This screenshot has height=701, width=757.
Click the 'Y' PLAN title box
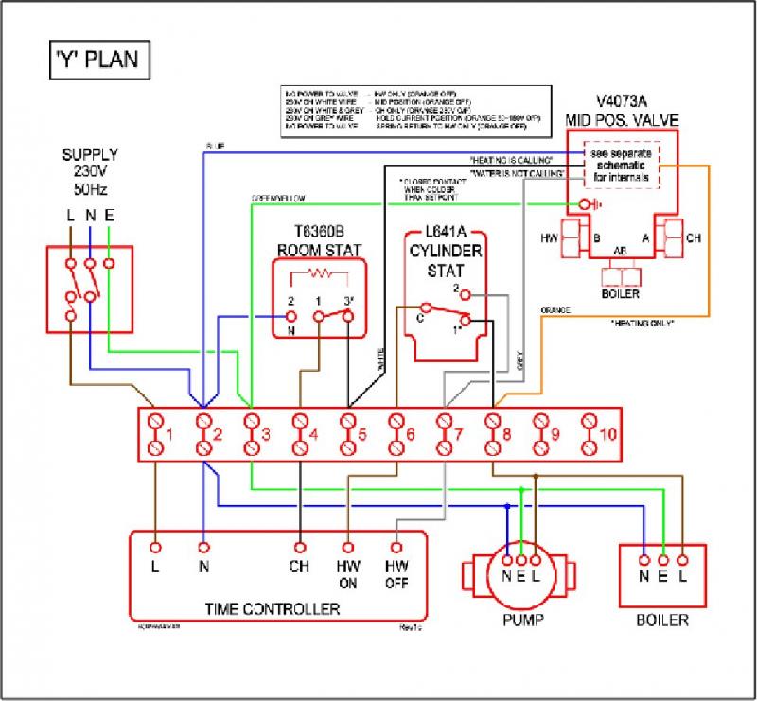(95, 60)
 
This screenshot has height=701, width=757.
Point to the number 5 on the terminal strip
(361, 435)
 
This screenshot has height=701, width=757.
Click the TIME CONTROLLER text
(273, 606)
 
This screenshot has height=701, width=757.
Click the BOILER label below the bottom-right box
(661, 621)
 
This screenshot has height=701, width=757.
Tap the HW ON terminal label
(348, 575)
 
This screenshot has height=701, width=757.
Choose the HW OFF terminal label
(396, 575)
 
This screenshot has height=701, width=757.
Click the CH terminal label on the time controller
(299, 568)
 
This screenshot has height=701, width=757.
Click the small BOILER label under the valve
(622, 293)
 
